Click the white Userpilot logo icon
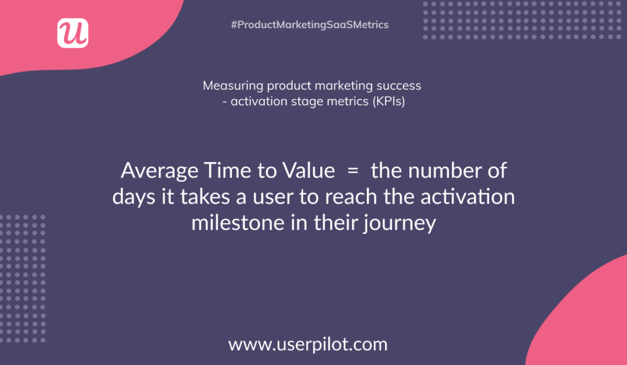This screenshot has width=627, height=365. click(73, 33)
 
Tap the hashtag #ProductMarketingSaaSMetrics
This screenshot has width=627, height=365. click(310, 24)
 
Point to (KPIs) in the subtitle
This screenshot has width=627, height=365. click(389, 101)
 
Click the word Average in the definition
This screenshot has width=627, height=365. click(160, 171)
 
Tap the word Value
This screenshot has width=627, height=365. click(309, 171)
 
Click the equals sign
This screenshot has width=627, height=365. click(353, 171)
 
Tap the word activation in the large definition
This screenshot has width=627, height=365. click(467, 197)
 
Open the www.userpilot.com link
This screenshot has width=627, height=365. click(308, 344)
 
